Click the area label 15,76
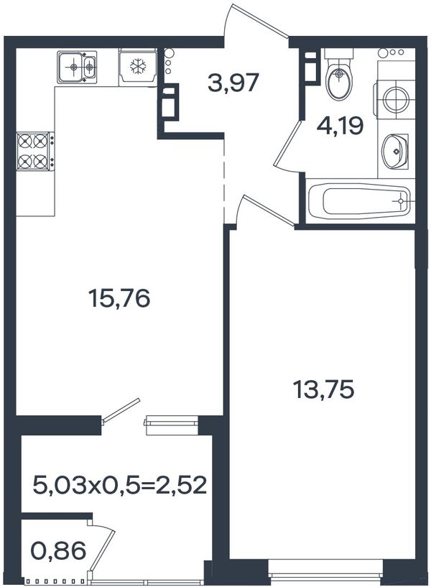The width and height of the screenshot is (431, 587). pos(119,299)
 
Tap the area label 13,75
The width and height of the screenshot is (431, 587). pos(323,389)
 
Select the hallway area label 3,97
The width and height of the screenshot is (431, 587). pos(233,83)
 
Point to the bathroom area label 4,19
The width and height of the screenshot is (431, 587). pos(340,126)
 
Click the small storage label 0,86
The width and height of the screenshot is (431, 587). pos(59,550)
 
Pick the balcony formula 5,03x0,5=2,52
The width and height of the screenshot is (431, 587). pos(120,484)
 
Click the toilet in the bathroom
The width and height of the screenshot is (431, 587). pos(339,74)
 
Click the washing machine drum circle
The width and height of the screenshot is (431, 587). pos(396,99)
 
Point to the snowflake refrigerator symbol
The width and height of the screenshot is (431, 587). pos(138,67)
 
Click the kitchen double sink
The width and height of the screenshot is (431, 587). pos(77,67)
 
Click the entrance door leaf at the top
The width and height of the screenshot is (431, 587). pos(259,21)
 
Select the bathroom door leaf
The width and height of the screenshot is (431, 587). pos(288,143)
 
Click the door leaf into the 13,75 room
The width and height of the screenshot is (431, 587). pos(268,210)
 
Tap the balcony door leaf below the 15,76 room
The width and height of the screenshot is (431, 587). pos(121,410)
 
